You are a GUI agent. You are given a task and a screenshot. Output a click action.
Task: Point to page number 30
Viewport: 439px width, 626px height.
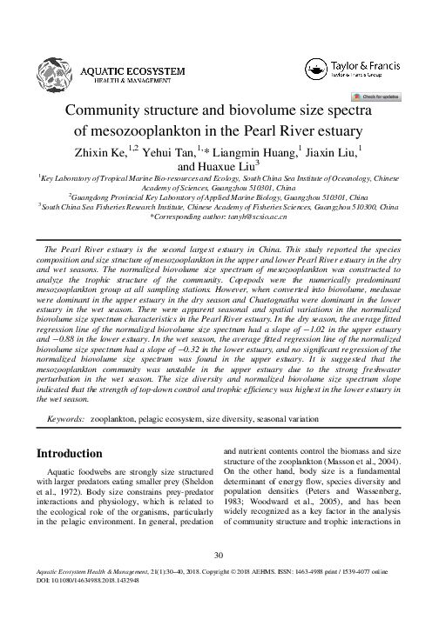click(219, 577)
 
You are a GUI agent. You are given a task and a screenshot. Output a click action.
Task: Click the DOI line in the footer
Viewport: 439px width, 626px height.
click(91, 603)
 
